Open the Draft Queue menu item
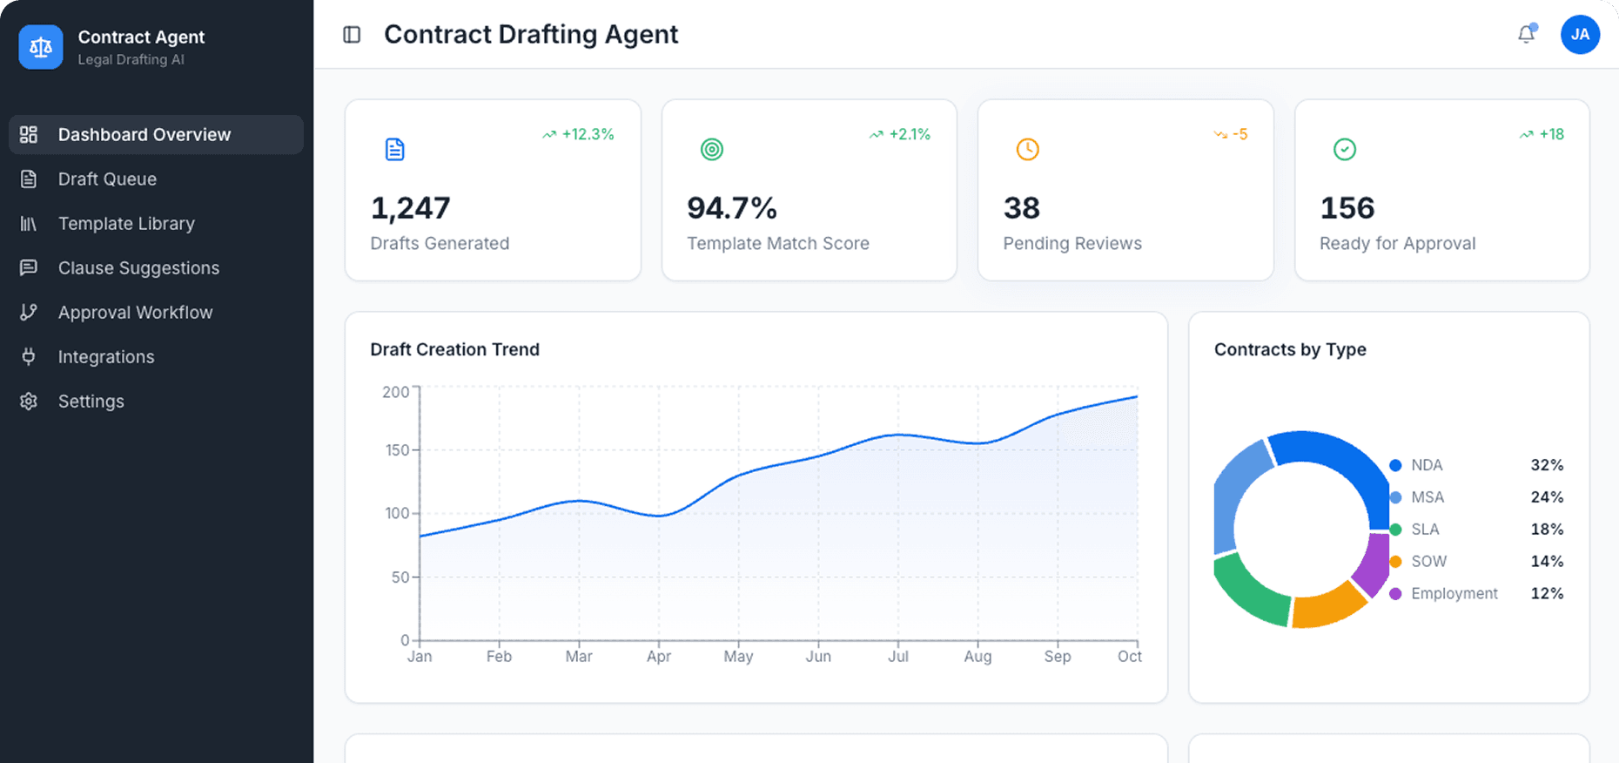point(107,179)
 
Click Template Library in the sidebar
point(126,224)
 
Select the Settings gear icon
point(29,402)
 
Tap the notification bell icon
point(1526,35)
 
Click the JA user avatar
point(1580,35)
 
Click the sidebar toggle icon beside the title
point(352,35)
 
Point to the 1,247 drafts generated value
point(410,208)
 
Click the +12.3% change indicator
point(579,134)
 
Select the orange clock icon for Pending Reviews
point(1027,149)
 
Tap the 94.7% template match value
point(731,208)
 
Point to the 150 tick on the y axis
point(397,450)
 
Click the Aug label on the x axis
point(977,657)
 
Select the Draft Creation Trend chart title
point(454,349)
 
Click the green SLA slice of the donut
point(1246,592)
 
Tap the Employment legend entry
point(1454,593)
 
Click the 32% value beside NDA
point(1546,465)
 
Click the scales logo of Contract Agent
point(41,47)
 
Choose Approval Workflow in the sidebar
point(135,313)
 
